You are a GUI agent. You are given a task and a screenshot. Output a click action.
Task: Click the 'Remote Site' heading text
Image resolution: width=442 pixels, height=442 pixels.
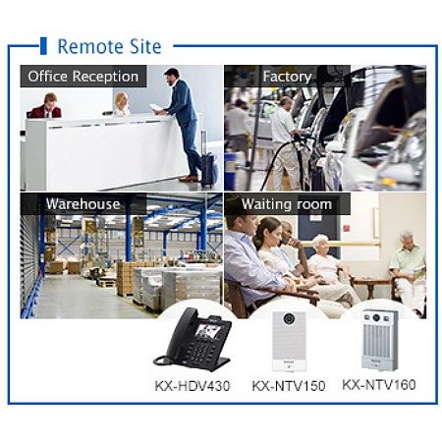pyautogui.click(x=109, y=46)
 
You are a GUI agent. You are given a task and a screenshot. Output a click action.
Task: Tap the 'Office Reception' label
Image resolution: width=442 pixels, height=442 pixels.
pyautogui.click(x=83, y=77)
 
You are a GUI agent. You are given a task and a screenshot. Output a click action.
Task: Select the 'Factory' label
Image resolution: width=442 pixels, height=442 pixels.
pyautogui.click(x=287, y=77)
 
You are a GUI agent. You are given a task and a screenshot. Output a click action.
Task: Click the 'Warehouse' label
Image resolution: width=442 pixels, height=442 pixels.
pyautogui.click(x=83, y=204)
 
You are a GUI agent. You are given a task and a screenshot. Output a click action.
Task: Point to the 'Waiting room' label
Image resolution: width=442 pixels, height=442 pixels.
pyautogui.click(x=287, y=204)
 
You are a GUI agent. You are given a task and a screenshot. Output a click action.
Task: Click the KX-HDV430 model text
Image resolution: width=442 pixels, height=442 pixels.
pyautogui.click(x=193, y=386)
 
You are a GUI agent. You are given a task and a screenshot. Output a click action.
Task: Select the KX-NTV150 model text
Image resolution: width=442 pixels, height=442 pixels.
pyautogui.click(x=289, y=386)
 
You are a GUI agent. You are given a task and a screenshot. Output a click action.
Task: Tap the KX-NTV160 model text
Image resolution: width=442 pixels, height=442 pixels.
pyautogui.click(x=379, y=385)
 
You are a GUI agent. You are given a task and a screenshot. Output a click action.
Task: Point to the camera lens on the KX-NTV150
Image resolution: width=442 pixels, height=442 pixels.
pyautogui.click(x=289, y=318)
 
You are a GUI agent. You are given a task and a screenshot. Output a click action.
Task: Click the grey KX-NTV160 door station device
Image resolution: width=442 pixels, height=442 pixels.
pyautogui.click(x=380, y=340)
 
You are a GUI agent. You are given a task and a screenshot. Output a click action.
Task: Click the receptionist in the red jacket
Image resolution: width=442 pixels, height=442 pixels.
pyautogui.click(x=46, y=107)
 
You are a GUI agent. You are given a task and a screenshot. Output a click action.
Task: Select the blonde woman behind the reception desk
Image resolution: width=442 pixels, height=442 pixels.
pyautogui.click(x=122, y=104)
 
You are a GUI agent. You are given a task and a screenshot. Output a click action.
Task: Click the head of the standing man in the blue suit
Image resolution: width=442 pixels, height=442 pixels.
pyautogui.click(x=172, y=77)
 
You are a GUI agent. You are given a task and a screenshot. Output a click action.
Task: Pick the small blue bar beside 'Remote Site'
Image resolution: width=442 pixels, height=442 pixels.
pyautogui.click(x=43, y=46)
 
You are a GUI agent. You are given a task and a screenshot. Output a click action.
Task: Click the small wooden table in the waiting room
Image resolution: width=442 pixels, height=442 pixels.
pyautogui.click(x=371, y=285)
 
